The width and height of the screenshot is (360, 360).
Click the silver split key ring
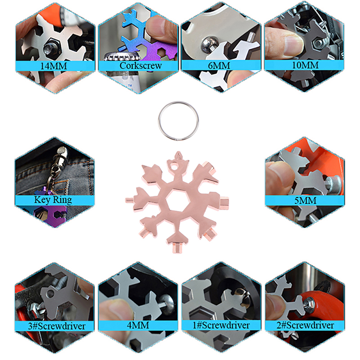click(x=158, y=121)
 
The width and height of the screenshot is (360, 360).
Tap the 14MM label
click(x=54, y=66)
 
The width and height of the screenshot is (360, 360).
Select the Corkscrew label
click(x=140, y=66)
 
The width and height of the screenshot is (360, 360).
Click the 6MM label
click(x=219, y=66)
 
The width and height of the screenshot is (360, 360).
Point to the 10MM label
click(x=305, y=65)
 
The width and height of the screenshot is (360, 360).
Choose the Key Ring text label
click(x=53, y=200)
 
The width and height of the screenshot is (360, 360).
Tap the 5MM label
click(x=305, y=201)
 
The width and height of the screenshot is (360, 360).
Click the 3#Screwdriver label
click(x=57, y=326)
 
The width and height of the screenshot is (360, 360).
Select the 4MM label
click(x=138, y=325)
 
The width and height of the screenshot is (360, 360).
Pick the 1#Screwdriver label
click(x=221, y=325)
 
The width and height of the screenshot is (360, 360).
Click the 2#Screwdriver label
click(x=305, y=325)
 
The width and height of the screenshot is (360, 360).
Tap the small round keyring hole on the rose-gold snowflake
click(x=175, y=165)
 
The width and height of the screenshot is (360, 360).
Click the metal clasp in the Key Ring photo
click(x=59, y=156)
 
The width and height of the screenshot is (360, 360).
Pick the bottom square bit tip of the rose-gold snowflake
click(x=178, y=247)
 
